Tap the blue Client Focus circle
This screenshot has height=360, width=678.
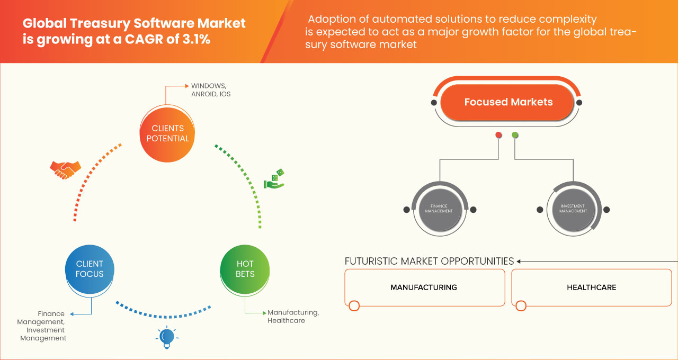click(x=90, y=268)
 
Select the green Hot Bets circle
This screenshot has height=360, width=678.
click(x=245, y=268)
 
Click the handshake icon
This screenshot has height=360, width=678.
click(x=65, y=169)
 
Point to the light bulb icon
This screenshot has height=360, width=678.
click(x=167, y=337)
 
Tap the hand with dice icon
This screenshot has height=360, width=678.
click(x=274, y=179)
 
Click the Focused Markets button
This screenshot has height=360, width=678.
click(x=508, y=102)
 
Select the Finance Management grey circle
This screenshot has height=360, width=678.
click(x=439, y=209)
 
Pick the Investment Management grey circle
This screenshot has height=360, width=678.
click(x=573, y=209)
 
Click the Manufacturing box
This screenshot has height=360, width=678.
click(x=424, y=287)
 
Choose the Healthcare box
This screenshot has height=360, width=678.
click(x=591, y=287)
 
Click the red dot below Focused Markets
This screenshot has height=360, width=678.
click(x=498, y=135)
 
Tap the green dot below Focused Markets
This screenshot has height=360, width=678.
click(x=515, y=135)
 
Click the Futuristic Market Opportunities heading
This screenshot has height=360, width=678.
click(x=429, y=261)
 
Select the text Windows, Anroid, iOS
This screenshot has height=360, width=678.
click(x=211, y=90)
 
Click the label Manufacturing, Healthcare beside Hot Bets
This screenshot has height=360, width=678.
click(x=293, y=316)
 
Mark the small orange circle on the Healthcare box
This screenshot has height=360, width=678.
click(x=521, y=305)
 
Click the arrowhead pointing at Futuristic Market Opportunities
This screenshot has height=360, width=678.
click(x=519, y=261)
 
